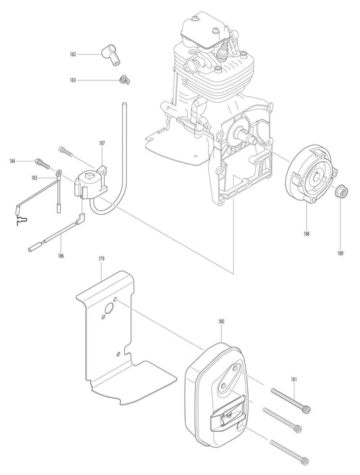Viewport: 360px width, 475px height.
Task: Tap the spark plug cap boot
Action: (109, 54)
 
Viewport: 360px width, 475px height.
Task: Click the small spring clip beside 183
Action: (123, 81)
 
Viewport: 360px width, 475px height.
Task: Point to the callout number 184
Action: (12, 161)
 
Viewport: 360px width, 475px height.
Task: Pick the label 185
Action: (34, 178)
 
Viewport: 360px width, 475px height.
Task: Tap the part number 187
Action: (101, 144)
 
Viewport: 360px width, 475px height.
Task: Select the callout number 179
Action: (101, 259)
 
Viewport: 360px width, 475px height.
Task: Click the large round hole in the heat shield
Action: (106, 310)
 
